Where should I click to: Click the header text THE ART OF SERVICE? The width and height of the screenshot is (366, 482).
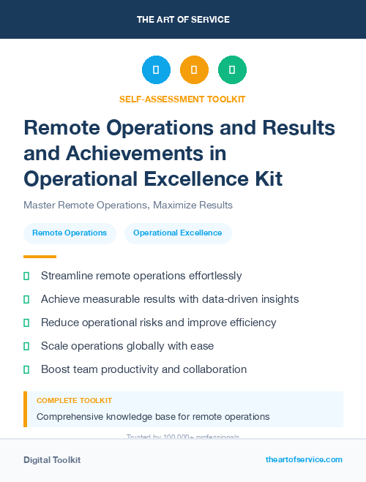pyautogui.click(x=182, y=19)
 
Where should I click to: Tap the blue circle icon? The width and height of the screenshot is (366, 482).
pyautogui.click(x=156, y=69)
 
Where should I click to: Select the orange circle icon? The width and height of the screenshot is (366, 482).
pyautogui.click(x=194, y=69)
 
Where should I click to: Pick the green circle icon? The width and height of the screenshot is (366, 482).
pyautogui.click(x=232, y=69)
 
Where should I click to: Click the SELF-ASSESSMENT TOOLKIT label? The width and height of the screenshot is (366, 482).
pyautogui.click(x=182, y=99)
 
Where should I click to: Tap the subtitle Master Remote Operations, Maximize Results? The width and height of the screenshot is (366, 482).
pyautogui.click(x=128, y=205)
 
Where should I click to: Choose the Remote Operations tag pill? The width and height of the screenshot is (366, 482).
pyautogui.click(x=70, y=233)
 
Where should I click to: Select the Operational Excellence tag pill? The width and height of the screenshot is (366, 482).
pyautogui.click(x=178, y=233)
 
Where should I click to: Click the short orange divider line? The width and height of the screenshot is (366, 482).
pyautogui.click(x=40, y=257)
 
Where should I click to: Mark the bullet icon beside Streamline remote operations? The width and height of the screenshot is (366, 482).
pyautogui.click(x=27, y=276)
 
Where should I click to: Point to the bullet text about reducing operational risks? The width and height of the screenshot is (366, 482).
pyautogui.click(x=158, y=323)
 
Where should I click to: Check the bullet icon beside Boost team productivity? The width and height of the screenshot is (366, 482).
pyautogui.click(x=27, y=369)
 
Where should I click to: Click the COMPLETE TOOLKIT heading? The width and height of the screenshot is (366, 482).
pyautogui.click(x=75, y=401)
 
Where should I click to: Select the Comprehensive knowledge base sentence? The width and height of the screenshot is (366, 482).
pyautogui.click(x=153, y=417)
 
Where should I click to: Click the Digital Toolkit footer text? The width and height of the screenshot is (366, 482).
pyautogui.click(x=52, y=460)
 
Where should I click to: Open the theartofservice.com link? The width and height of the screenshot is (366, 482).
pyautogui.click(x=304, y=459)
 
